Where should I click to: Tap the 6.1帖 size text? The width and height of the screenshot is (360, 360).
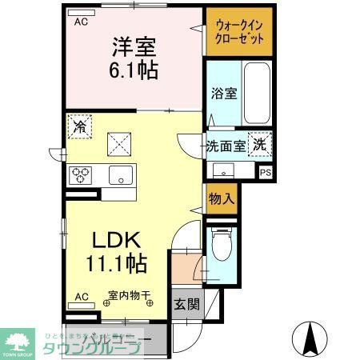click(x=134, y=70)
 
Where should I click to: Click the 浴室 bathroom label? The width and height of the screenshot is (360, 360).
click(x=223, y=94)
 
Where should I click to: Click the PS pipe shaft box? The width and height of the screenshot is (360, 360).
click(x=266, y=171)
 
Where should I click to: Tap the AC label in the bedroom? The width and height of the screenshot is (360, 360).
click(x=81, y=22)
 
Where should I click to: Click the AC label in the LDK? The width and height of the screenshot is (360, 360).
click(x=81, y=297)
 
